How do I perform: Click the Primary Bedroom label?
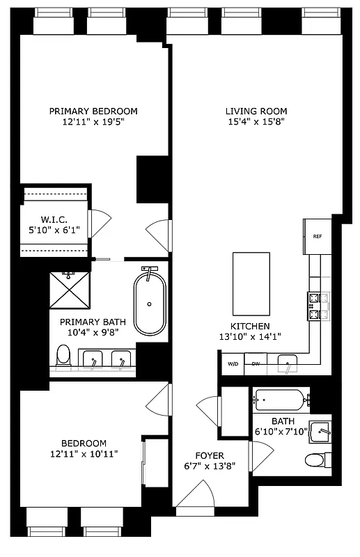[x=93, y=111]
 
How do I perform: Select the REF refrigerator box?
[x=317, y=237]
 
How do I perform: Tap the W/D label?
[x=231, y=363]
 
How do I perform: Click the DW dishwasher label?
[x=256, y=363]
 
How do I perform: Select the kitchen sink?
[x=288, y=362]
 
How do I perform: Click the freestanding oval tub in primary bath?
[x=150, y=304]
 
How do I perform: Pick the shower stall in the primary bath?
[x=70, y=290]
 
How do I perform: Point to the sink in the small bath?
[x=321, y=432]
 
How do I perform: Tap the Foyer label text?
[x=199, y=455]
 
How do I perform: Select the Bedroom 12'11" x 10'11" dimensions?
[x=84, y=454]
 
